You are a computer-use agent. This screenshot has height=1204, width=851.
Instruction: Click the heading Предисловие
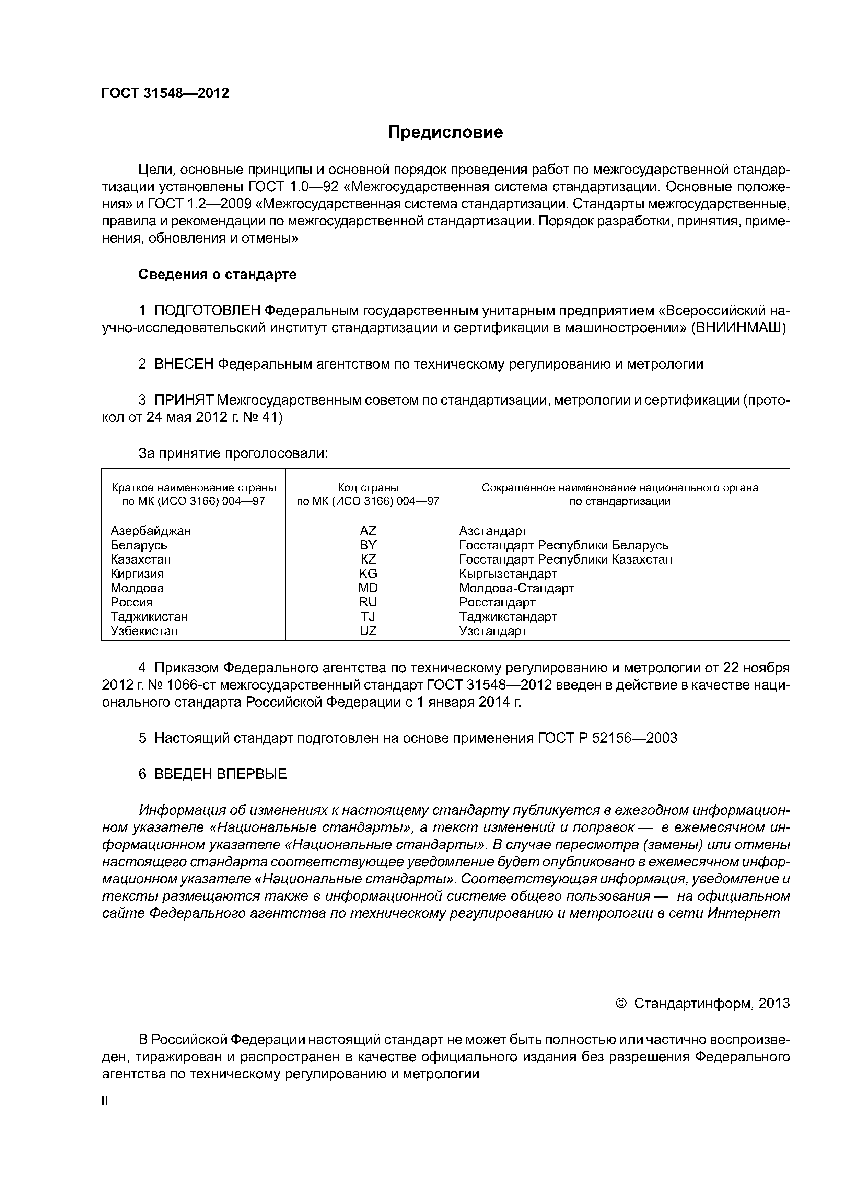pyautogui.click(x=445, y=132)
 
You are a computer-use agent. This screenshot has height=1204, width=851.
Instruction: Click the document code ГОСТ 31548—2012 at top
pyautogui.click(x=165, y=93)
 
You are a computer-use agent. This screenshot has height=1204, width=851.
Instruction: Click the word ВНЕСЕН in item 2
pyautogui.click(x=184, y=364)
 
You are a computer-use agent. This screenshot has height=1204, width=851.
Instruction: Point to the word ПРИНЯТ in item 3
pyautogui.click(x=184, y=400)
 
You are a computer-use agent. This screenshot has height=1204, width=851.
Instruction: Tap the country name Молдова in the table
pyautogui.click(x=137, y=588)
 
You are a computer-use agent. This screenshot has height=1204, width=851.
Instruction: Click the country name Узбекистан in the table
pyautogui.click(x=144, y=631)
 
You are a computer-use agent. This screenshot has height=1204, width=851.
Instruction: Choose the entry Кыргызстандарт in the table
pyautogui.click(x=508, y=574)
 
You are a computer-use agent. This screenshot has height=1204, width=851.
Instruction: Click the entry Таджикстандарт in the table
pyautogui.click(x=508, y=617)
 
